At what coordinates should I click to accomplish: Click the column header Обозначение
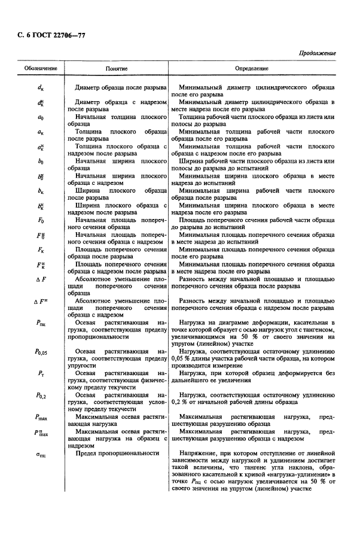[x=41, y=69]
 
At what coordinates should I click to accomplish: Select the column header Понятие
[x=117, y=69]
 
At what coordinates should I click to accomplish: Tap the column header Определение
[x=251, y=69]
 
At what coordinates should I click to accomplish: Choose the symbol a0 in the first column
[x=39, y=118]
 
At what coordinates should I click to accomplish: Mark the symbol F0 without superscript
[x=39, y=221]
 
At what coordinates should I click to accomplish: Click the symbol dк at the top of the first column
[x=39, y=88]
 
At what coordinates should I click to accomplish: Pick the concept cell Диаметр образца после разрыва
[x=119, y=88]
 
